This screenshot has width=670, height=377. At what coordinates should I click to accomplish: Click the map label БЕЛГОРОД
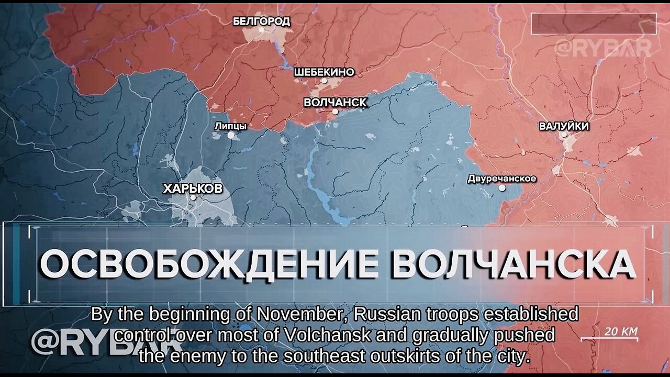tap(261, 21)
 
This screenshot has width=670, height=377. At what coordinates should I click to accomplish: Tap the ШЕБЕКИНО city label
tap(324, 72)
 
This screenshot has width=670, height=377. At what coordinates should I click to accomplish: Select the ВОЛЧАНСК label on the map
tap(335, 102)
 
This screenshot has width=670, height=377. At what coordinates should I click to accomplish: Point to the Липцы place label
tap(230, 126)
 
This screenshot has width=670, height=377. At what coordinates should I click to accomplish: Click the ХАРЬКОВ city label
tap(193, 188)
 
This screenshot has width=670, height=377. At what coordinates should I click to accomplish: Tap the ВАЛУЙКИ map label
tap(564, 126)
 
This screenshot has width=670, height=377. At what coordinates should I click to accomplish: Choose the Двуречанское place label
tap(501, 179)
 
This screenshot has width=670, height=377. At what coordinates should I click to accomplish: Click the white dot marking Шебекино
tap(324, 81)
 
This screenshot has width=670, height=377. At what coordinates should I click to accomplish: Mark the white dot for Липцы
tap(230, 135)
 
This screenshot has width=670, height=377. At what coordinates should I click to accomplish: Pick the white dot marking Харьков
tap(193, 197)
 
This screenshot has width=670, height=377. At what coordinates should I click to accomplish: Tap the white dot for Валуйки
tap(564, 135)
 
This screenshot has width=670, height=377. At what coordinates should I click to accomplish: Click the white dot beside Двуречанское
tap(502, 187)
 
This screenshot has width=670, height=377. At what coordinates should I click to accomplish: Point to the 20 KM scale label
tap(621, 331)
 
